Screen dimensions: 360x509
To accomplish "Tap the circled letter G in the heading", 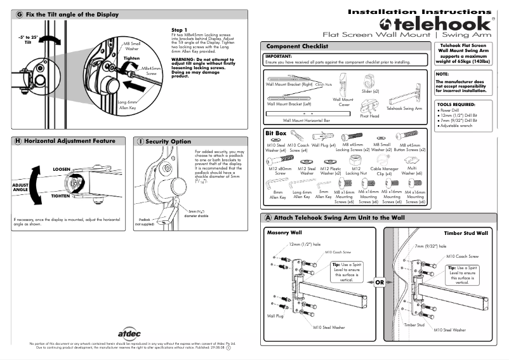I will tap(20, 14).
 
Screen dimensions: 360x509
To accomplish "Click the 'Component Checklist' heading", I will tap(297, 46).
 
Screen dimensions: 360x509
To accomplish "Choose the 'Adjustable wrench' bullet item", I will tap(461, 126).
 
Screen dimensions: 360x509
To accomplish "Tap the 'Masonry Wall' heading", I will tap(282, 233).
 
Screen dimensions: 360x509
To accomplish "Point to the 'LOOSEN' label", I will tap(61, 170).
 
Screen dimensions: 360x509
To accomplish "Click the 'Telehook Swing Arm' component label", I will tap(404, 109).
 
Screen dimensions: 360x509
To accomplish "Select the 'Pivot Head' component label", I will tap(369, 116).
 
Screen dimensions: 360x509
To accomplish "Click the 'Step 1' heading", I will tap(179, 30).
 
